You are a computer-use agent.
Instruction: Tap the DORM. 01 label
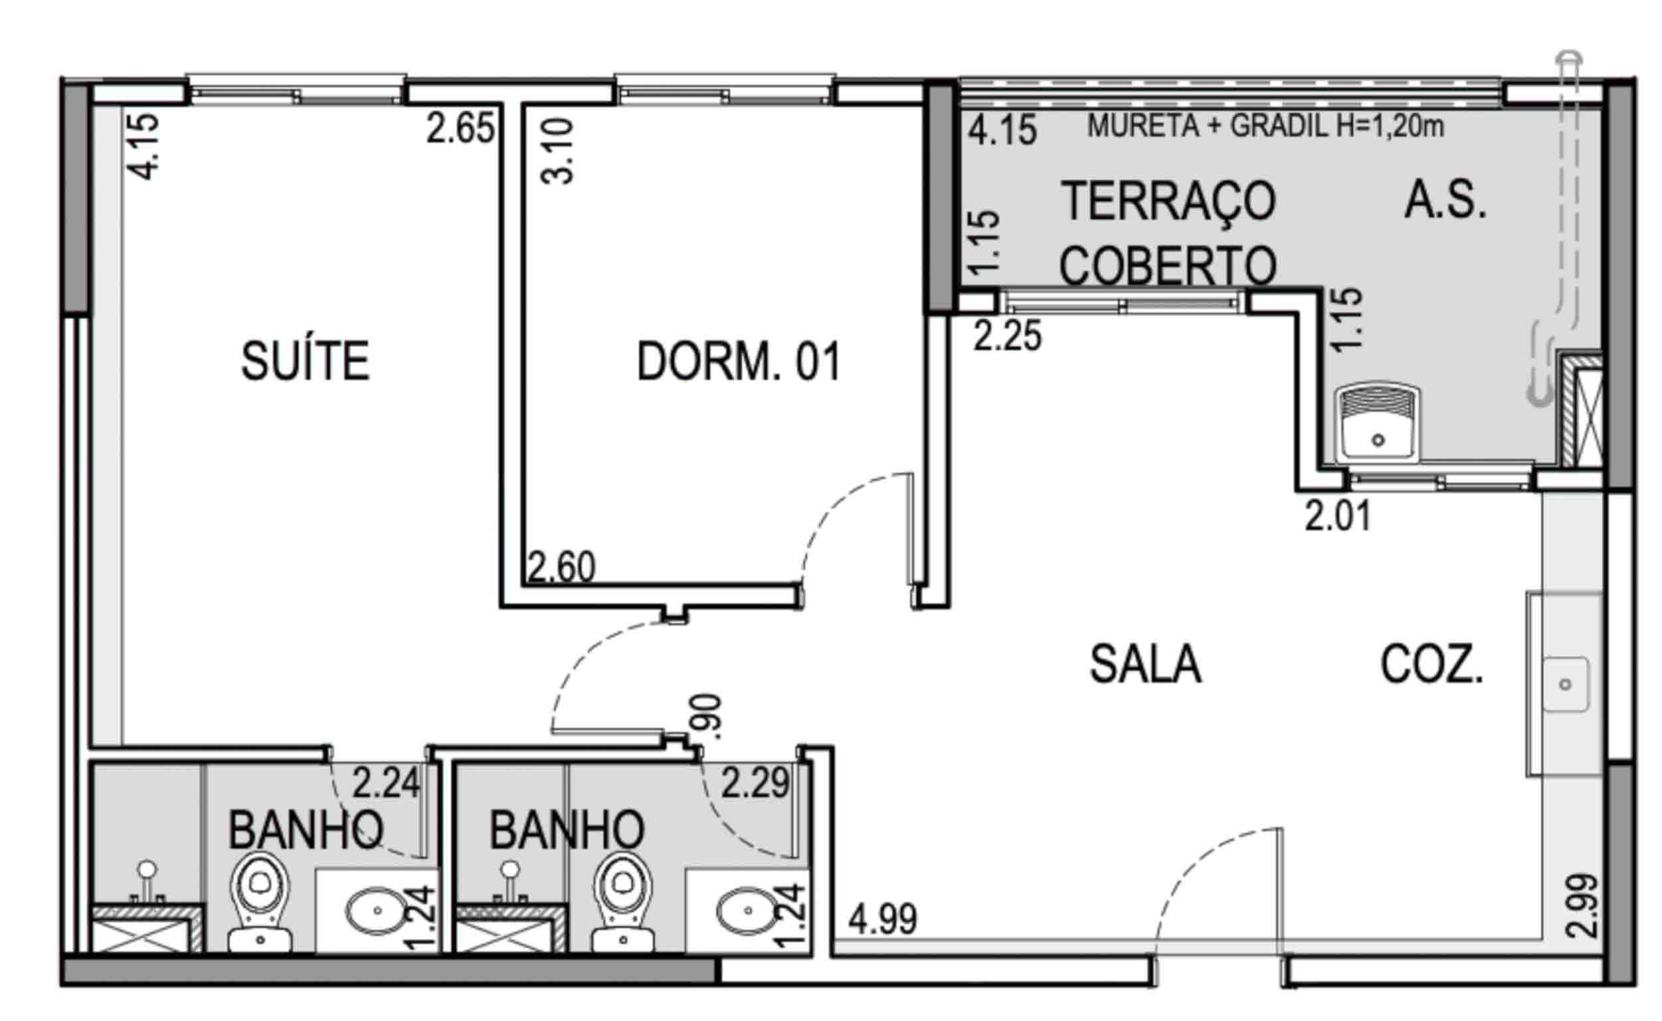pos(739,362)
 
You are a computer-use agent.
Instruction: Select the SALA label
pos(1146,665)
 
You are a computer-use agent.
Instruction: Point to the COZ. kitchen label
pos(1432,665)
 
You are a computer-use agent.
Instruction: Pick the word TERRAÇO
pos(1168,201)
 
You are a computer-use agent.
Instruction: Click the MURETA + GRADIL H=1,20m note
pos(1266,126)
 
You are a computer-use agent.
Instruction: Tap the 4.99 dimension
pos(883,919)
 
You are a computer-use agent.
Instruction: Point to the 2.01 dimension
pos(1338,516)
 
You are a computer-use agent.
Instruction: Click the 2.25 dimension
pos(1008,336)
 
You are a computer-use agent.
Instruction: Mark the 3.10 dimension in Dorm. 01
pos(557,152)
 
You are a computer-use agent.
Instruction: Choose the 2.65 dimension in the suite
pos(461,128)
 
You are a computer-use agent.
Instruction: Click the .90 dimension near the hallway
pos(711,716)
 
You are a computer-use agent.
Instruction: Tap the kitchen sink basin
pos(1566,685)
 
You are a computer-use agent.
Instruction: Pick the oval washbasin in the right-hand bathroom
pos(747,910)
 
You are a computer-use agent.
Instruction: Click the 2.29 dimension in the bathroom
pos(755,783)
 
